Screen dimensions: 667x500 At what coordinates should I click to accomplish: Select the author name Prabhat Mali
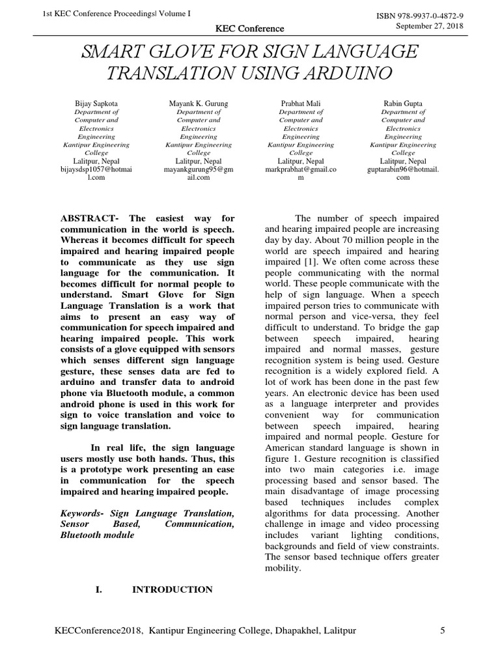300,104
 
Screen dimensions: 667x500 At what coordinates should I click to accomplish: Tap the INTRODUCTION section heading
172,589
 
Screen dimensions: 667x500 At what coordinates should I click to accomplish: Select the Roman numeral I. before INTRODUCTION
99,589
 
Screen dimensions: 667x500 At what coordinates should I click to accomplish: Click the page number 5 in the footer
443,631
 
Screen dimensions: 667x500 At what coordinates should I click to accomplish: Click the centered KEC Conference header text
249,29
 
